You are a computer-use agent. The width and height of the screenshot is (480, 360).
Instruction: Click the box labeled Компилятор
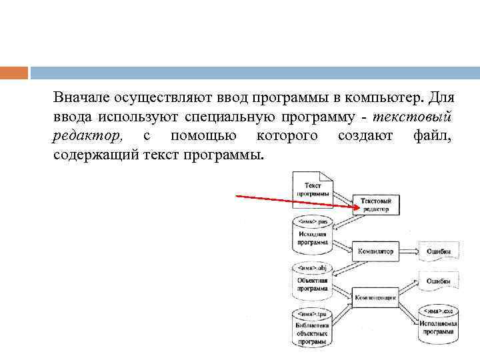(x=375, y=251)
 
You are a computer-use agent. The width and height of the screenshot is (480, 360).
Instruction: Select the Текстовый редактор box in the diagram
(x=375, y=204)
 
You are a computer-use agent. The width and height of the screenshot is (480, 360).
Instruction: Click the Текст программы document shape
(x=312, y=189)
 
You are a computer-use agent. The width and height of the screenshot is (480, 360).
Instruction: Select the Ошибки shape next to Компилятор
(x=438, y=251)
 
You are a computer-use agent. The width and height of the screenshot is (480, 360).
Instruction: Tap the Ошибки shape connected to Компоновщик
(x=438, y=281)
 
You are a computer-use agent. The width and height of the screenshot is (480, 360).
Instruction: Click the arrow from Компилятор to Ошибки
(x=407, y=251)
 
